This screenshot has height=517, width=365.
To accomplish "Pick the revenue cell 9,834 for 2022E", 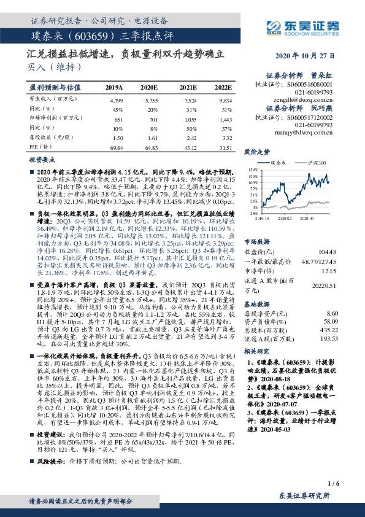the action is [x=225, y=99].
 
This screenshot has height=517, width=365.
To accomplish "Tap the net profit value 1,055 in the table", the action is [x=191, y=119].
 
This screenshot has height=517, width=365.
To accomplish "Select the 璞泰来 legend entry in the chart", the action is [x=276, y=163].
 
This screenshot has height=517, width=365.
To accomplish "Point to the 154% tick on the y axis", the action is [x=252, y=169].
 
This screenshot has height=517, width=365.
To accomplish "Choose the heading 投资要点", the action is [x=42, y=159].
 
